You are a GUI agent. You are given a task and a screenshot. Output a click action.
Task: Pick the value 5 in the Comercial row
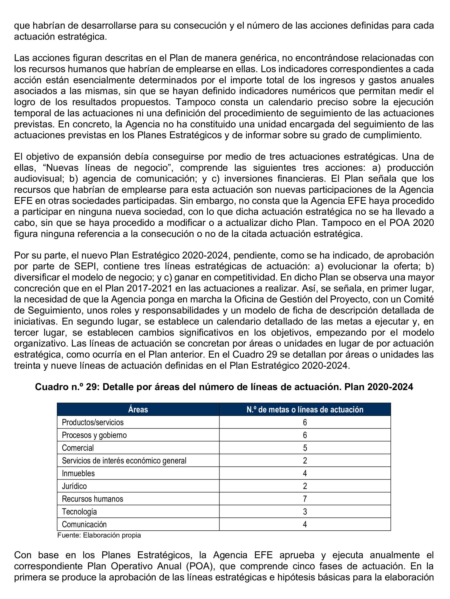pos(305,448)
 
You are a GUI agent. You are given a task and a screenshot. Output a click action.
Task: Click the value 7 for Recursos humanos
pos(305,499)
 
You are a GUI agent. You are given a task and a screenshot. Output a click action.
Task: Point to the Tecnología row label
pos(79,512)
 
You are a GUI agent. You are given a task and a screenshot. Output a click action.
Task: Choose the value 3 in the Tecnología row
pos(305,512)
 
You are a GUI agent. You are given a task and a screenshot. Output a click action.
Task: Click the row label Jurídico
pos(74,486)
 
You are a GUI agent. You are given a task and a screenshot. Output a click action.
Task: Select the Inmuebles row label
pos(78,473)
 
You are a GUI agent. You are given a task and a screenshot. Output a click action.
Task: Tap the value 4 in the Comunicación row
pos(305,524)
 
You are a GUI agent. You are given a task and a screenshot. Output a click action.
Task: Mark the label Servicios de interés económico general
pos(124,461)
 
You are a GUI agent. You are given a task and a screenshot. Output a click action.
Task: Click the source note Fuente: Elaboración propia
pos(99,535)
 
